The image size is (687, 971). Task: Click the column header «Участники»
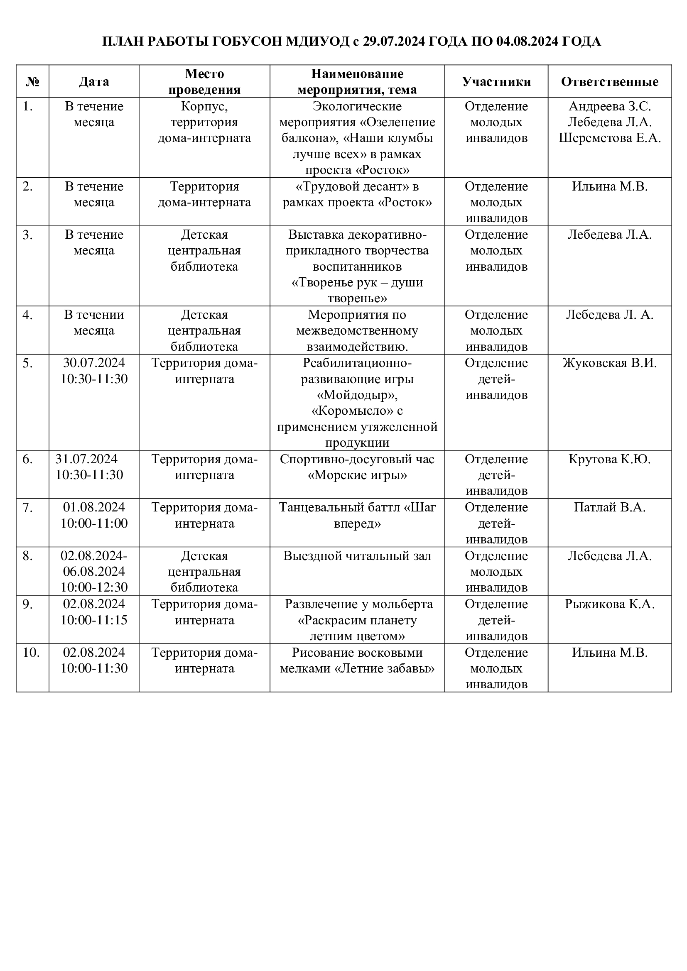click(x=496, y=82)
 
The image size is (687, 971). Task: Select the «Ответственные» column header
click(x=610, y=82)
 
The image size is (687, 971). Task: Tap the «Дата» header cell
click(x=94, y=82)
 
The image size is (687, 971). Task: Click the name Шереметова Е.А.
click(x=610, y=138)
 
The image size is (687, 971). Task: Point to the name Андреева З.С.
click(x=610, y=106)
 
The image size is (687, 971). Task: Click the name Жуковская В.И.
click(x=610, y=363)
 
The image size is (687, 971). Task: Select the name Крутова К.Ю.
click(x=610, y=459)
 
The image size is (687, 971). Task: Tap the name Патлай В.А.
click(x=610, y=507)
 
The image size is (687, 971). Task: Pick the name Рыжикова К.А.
click(x=610, y=604)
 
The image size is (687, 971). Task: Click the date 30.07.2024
click(x=94, y=363)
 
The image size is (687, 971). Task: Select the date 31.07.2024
click(x=87, y=459)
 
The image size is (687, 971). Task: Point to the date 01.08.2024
click(x=94, y=507)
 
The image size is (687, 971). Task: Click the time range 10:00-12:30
click(x=94, y=587)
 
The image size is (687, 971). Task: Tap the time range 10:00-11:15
click(x=94, y=620)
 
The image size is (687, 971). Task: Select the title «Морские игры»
click(x=357, y=475)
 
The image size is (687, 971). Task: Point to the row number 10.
click(x=31, y=653)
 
